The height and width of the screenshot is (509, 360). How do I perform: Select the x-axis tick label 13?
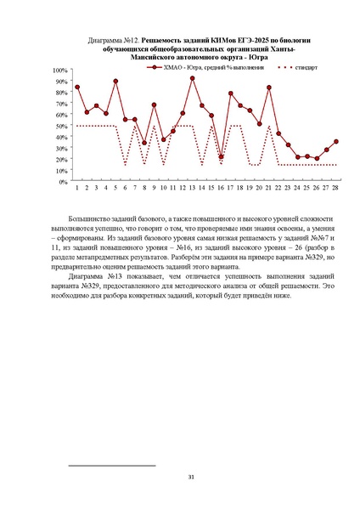pyautogui.click(x=193, y=188)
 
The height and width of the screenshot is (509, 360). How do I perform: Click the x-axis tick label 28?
pyautogui.click(x=336, y=188)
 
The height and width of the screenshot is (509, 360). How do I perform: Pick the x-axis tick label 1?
pyautogui.click(x=77, y=188)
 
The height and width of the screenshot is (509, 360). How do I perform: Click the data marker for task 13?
pyautogui.click(x=193, y=78)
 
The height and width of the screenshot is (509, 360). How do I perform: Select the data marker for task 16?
pyautogui.click(x=222, y=156)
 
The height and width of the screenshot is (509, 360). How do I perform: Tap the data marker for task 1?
pyautogui.click(x=77, y=87)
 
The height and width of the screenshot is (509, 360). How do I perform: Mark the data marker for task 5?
pyautogui.click(x=115, y=81)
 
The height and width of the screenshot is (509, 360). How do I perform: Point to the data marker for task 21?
pyautogui.click(x=269, y=88)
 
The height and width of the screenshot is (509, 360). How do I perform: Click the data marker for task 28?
pyautogui.click(x=336, y=141)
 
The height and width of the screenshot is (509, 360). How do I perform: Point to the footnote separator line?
pyautogui.click(x=111, y=466)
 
